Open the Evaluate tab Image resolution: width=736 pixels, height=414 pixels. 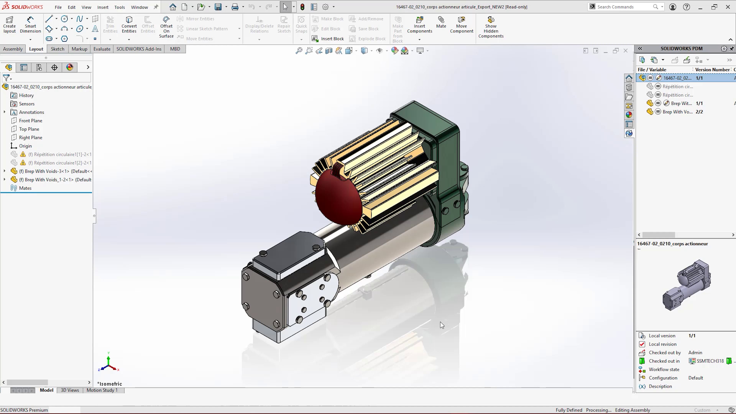102,49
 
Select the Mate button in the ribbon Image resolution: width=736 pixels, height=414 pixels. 441,22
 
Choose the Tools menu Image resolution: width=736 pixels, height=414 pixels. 119,7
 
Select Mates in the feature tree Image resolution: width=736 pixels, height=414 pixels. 25,188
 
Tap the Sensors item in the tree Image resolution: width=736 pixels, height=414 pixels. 27,104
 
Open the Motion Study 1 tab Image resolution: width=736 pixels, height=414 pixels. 102,390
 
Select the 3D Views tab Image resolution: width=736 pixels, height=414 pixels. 70,390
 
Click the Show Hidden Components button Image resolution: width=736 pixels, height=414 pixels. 491,27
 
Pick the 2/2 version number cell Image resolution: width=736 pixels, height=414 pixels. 699,112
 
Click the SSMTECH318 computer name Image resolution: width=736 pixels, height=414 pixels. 710,361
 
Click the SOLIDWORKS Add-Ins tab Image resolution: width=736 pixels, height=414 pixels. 139,49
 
